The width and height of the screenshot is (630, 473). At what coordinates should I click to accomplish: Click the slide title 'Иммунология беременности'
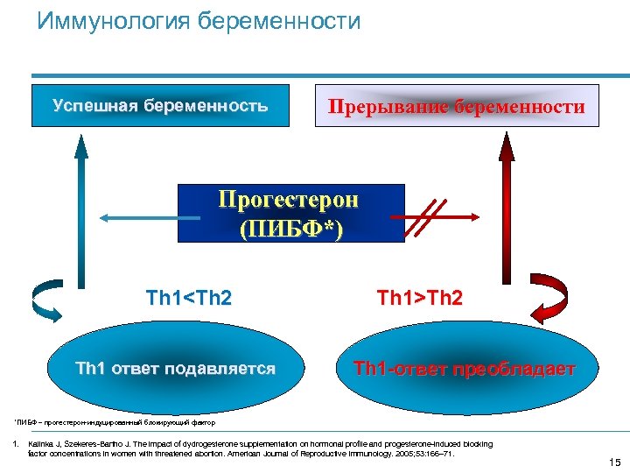point(199,21)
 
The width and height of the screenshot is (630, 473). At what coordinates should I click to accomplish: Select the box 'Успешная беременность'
point(160,106)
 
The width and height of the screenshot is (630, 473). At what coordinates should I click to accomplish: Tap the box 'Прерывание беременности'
point(456,107)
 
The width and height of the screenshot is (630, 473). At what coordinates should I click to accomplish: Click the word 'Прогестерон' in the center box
point(288,200)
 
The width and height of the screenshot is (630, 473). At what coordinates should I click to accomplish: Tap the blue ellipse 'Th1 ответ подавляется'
point(175,369)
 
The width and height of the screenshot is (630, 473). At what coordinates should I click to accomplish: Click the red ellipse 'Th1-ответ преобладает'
point(464,369)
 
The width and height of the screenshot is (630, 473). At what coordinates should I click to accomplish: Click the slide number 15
point(612,462)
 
